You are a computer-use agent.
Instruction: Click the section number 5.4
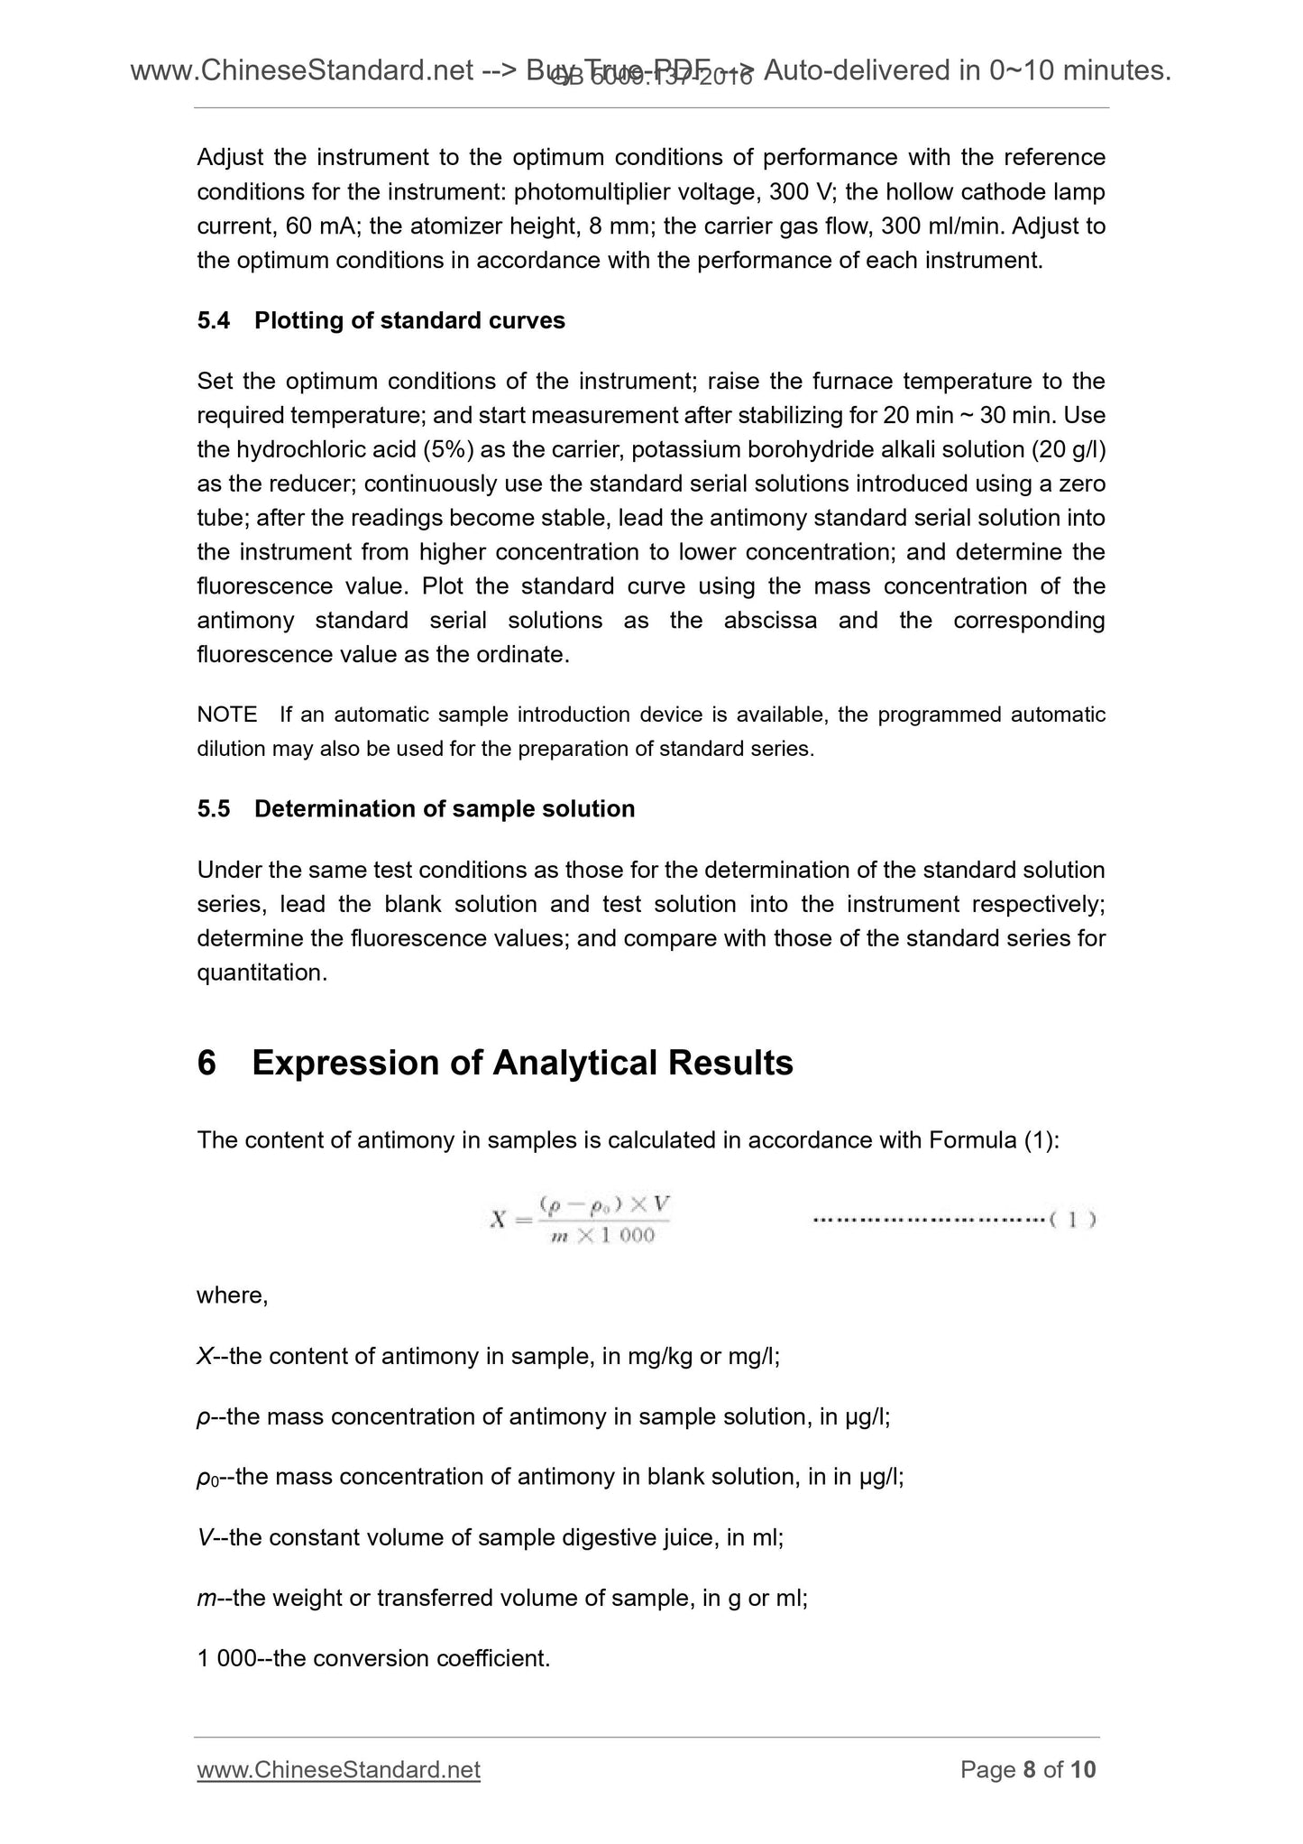coord(214,320)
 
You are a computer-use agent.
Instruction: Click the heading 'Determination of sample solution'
coord(445,808)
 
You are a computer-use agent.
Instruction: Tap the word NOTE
coord(226,715)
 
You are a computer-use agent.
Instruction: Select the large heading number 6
coord(206,1063)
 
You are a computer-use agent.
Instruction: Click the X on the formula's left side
coord(498,1220)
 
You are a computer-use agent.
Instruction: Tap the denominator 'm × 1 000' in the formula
coord(602,1236)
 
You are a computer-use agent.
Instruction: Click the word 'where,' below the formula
coord(233,1295)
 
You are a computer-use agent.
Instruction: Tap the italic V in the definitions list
coord(204,1537)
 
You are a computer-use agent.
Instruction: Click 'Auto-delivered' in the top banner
coord(857,69)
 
